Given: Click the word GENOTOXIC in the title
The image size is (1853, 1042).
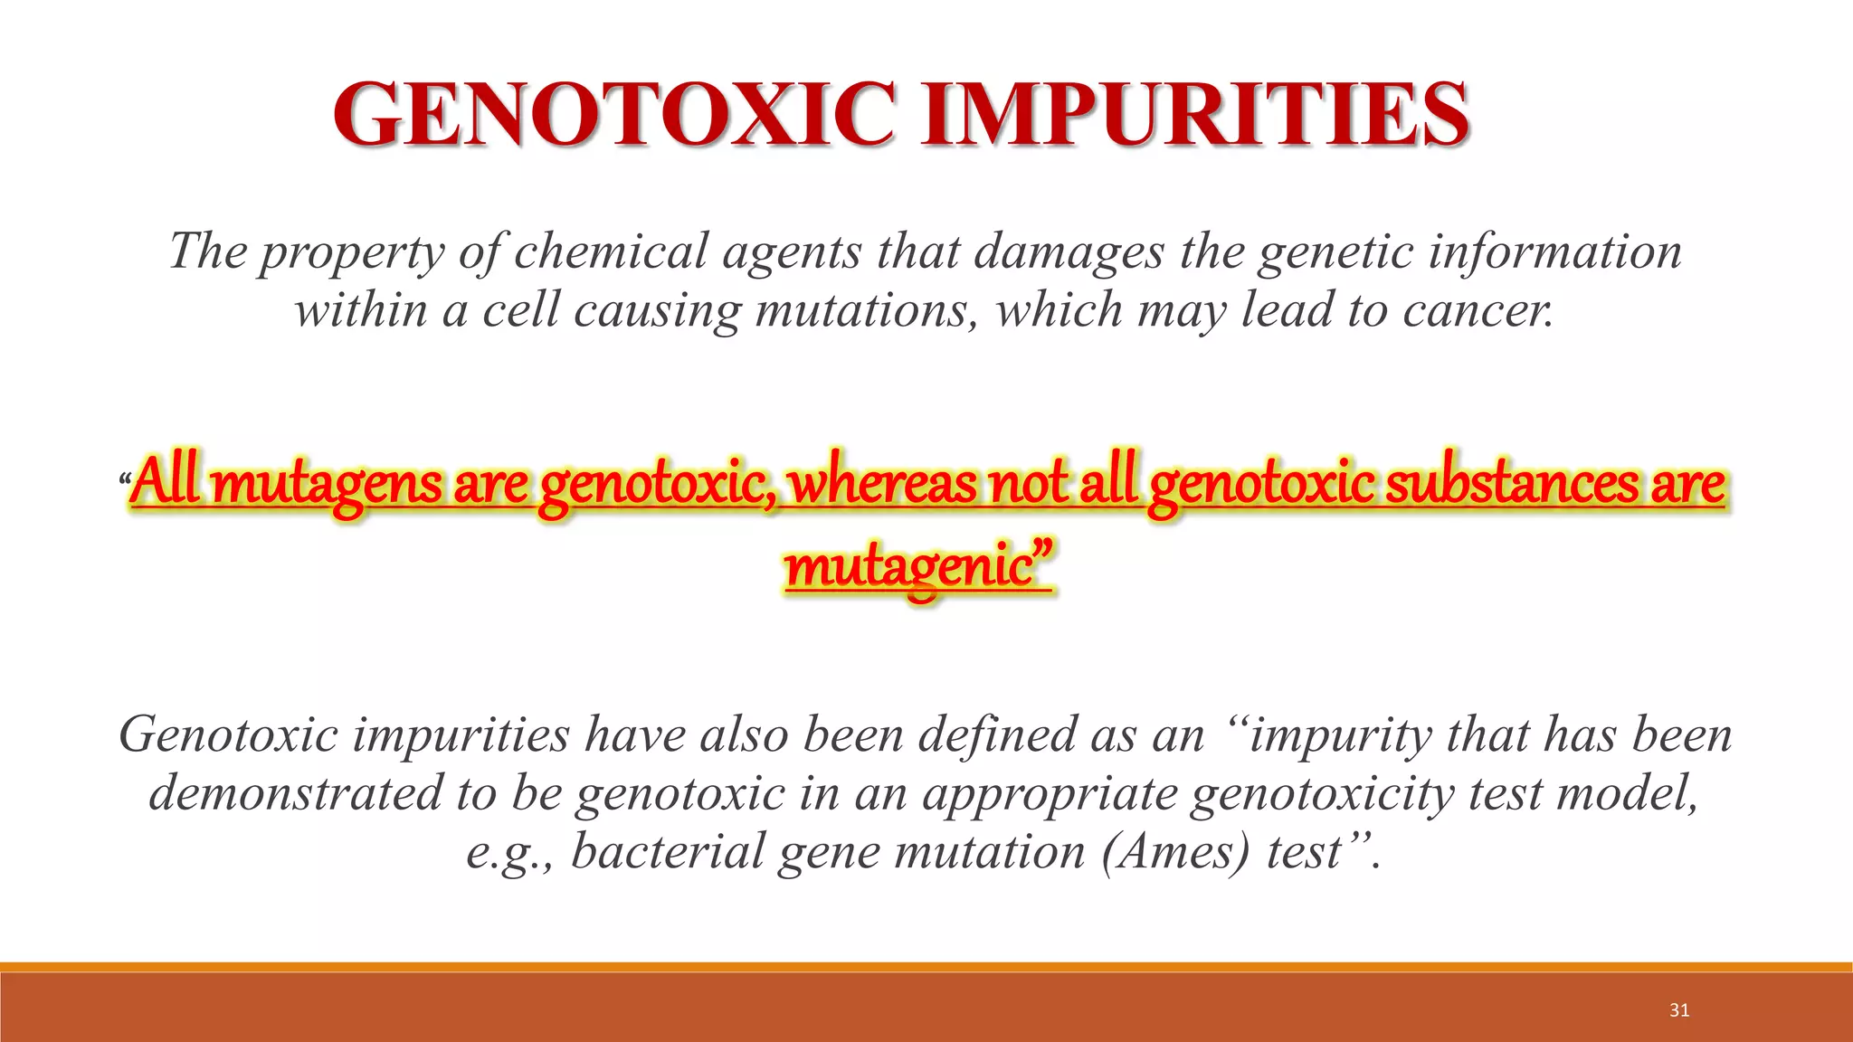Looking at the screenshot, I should (615, 115).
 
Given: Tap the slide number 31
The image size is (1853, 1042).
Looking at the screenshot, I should (1679, 1010).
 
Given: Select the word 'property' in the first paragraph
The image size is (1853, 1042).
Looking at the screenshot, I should (352, 252).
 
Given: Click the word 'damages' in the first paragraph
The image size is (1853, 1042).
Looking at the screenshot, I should (1069, 252).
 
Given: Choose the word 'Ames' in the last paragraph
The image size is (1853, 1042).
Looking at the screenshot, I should (1177, 852).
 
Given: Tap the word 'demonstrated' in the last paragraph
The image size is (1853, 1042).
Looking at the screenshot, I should (295, 793).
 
